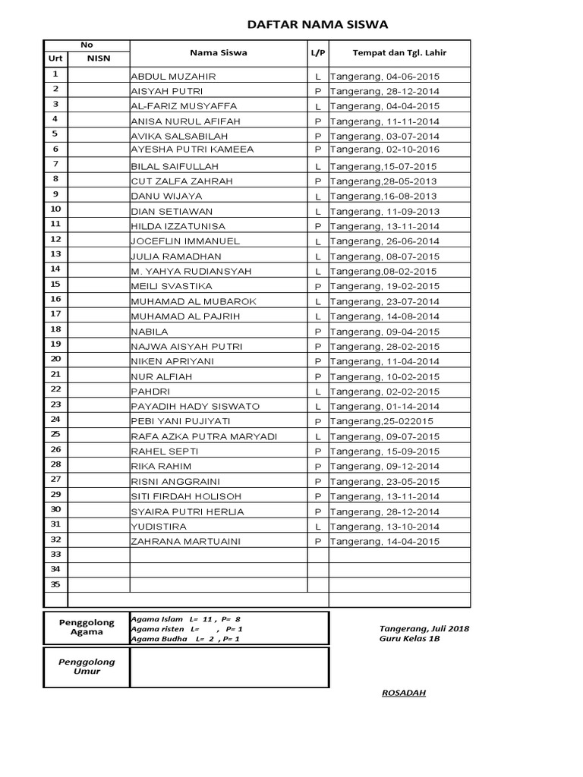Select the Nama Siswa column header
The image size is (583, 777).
tap(218, 53)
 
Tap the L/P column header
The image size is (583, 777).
tap(317, 53)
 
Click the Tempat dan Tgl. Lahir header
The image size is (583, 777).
tap(399, 53)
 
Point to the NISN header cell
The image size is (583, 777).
tap(99, 57)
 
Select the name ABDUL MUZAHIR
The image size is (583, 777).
tap(174, 77)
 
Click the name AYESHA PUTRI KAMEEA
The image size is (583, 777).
tap(192, 150)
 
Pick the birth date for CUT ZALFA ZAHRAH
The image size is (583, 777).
tap(383, 181)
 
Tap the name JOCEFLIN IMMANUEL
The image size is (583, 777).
tap(185, 241)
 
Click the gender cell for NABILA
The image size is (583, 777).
tap(318, 332)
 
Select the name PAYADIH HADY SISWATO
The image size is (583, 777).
tap(195, 407)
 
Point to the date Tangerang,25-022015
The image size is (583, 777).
tap(381, 421)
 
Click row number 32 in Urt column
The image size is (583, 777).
tap(55, 539)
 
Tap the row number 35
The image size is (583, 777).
tap(55, 584)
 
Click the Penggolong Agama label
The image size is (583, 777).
tap(87, 628)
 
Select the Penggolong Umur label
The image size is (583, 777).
tap(87, 666)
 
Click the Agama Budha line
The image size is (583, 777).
tap(186, 640)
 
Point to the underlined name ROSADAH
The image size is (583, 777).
tap(403, 693)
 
